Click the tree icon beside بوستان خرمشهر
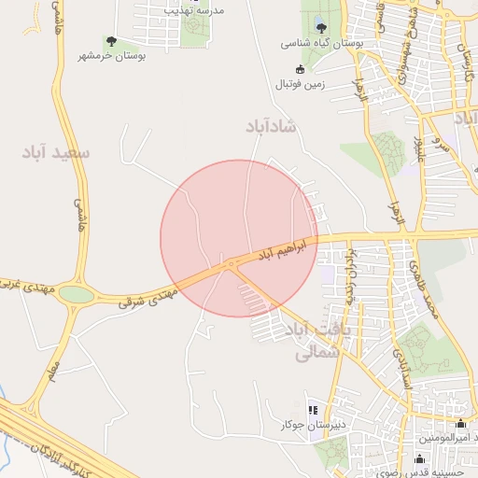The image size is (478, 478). (x=111, y=41)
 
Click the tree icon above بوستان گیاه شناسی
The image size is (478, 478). (x=322, y=27)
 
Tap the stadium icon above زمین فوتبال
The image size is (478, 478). (x=300, y=69)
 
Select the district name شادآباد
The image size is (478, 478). (x=271, y=126)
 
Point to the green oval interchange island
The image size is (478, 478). (x=77, y=295)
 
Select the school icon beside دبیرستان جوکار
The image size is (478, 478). (x=313, y=410)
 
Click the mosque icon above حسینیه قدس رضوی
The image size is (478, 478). (x=419, y=458)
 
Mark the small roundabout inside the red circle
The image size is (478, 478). (x=230, y=264)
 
